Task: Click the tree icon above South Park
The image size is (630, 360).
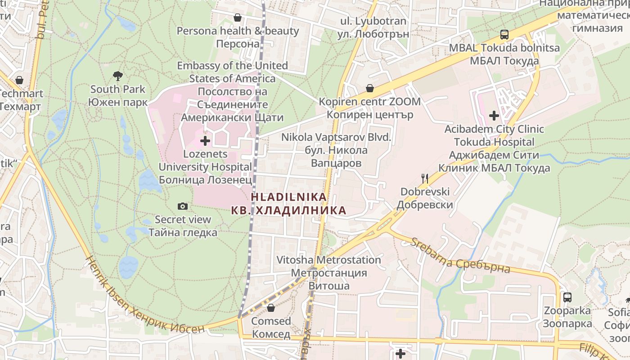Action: coord(118,75)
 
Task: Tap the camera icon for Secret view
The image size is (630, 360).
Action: coord(183,206)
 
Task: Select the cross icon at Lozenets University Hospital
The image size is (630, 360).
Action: coord(205,141)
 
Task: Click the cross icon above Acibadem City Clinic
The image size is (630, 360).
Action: coord(494,116)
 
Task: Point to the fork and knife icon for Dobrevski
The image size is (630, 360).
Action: coord(425,178)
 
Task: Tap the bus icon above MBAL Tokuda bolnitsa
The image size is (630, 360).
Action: coord(504,35)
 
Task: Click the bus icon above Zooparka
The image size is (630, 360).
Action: coord(567,297)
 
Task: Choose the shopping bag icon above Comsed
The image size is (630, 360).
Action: coord(271,308)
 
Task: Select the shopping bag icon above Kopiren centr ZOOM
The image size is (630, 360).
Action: coord(370,88)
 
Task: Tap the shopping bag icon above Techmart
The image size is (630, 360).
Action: coord(19,80)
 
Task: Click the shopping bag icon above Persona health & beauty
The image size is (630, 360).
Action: coord(238,18)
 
